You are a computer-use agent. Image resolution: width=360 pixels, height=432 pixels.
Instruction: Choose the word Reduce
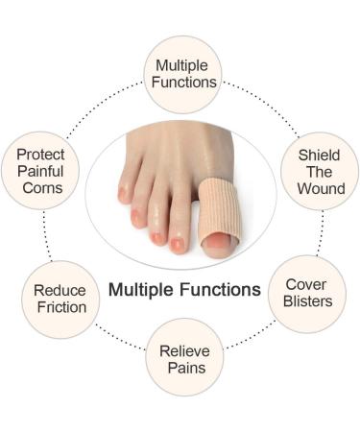tap(60, 290)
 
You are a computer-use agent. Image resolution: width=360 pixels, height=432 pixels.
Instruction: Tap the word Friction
tap(60, 307)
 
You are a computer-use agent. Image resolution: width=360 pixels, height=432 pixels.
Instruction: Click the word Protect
tap(40, 153)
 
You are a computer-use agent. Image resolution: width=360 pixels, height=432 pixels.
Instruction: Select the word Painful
tap(40, 170)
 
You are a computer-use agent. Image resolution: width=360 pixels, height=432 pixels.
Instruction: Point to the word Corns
tap(40, 186)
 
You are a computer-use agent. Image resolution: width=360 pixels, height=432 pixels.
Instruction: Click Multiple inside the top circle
tap(182, 65)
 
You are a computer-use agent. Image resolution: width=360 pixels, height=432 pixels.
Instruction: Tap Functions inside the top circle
tap(182, 82)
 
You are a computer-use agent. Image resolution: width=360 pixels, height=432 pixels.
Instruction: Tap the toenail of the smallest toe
tap(122, 195)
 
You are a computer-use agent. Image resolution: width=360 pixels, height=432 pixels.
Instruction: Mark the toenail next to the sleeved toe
tap(178, 245)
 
